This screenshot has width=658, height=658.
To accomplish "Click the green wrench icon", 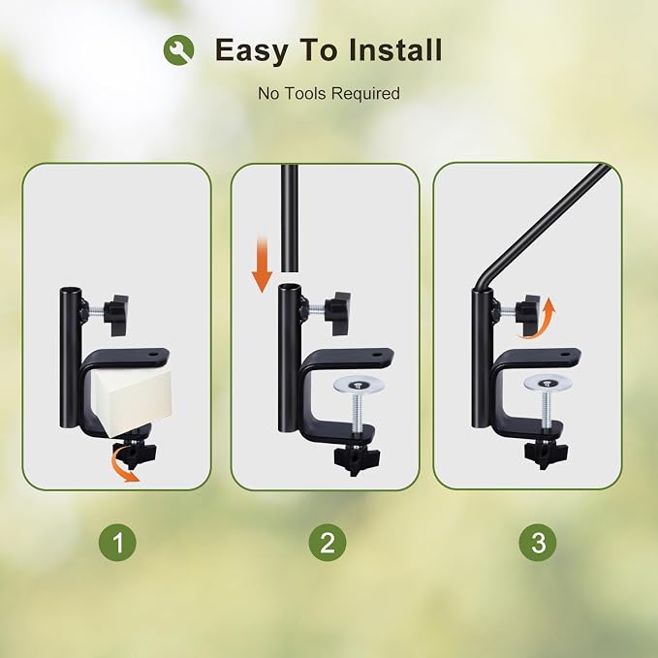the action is [178, 50].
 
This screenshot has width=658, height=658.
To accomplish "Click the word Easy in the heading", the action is [251, 50].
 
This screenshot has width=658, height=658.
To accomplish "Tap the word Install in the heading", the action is [395, 49].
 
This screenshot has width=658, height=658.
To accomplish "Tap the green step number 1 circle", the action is [117, 542].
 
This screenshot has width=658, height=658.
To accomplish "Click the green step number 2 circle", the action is [328, 542].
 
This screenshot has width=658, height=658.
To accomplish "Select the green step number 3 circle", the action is [538, 542].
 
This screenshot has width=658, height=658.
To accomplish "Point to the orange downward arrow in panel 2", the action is [262, 265].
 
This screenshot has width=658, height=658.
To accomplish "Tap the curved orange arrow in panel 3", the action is [539, 320].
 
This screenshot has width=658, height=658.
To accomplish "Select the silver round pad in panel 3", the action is [548, 383].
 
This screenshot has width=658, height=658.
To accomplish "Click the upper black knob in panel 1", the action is [116, 314].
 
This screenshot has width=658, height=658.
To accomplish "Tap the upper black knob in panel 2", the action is [339, 313].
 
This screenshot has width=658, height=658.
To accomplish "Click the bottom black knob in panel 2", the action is [357, 457].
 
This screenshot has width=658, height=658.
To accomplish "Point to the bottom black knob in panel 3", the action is [546, 453].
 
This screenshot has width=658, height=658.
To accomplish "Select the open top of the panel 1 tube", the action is [69, 291].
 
